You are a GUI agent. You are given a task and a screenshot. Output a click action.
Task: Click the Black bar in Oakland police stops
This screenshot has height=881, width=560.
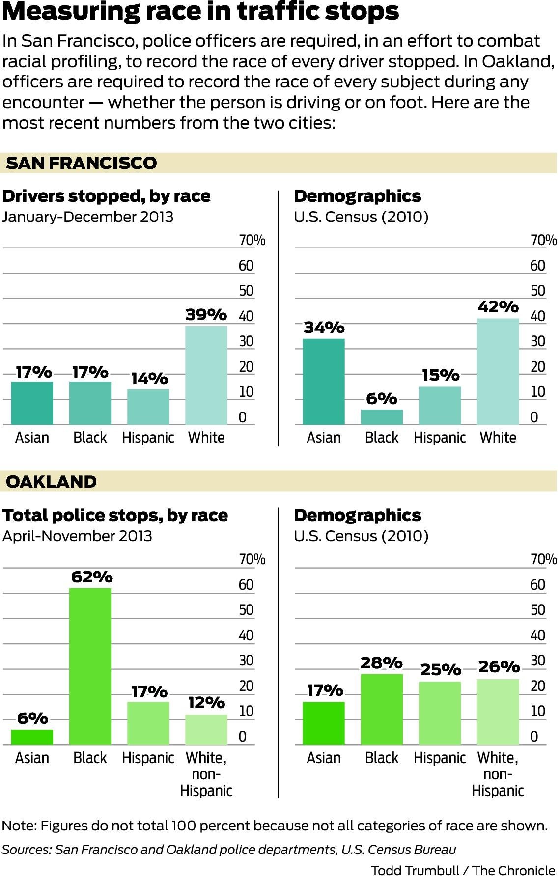coord(90,666)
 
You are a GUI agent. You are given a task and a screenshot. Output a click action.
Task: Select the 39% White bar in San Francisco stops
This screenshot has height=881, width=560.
coord(206,376)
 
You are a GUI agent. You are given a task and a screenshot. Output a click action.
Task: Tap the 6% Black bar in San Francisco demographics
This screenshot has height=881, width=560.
coord(382,417)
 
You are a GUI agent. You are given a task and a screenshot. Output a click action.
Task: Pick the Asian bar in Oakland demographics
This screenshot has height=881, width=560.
coord(323,723)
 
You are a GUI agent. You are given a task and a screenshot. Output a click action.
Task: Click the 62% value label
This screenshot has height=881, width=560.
coord(92,577)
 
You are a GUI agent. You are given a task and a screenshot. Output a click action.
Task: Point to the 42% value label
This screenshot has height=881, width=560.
coord(498,307)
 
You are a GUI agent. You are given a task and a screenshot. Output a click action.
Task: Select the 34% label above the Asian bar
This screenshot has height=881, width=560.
coord(324,327)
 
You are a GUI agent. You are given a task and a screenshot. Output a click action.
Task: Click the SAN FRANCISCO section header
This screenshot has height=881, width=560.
coord(81,163)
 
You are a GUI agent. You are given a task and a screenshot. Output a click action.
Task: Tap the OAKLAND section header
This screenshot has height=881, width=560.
coord(51,481)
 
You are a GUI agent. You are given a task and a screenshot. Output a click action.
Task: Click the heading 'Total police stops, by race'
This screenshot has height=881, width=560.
coord(115,515)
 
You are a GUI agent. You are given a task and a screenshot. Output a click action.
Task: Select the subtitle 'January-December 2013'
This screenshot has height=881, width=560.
coord(88,217)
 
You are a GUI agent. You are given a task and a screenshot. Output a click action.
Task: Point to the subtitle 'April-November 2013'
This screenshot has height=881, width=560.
coord(77,536)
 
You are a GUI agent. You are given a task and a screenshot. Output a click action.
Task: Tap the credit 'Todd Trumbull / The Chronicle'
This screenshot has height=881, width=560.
coord(462,871)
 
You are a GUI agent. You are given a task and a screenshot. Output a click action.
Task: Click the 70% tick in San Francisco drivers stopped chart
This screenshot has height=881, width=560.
coord(252,240)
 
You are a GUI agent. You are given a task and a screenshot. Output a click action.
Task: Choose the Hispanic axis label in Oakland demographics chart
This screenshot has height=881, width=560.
coord(439,758)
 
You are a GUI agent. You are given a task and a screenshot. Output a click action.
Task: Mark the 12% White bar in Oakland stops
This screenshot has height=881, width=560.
coord(206,729)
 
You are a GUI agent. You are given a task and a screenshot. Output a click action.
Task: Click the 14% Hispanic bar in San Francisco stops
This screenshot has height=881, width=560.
coord(148,407)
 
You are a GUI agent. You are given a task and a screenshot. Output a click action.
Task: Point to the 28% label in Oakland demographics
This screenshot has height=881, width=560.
coord(381,663)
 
